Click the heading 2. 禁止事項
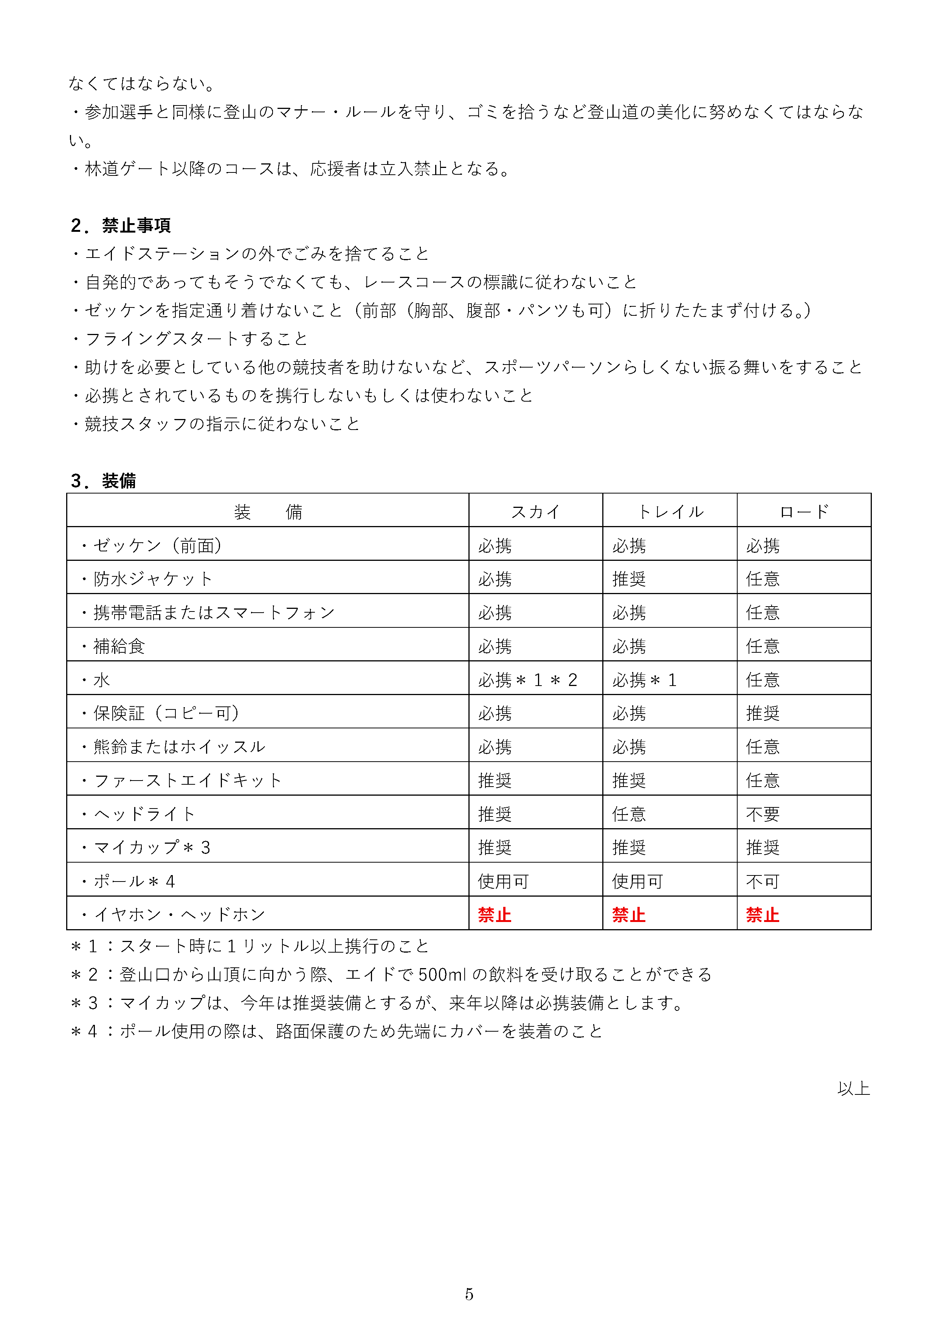pos(120,225)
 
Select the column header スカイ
pos(535,512)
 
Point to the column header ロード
pos(803,512)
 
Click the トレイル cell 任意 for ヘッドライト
pos(628,814)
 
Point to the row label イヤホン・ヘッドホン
pos(179,914)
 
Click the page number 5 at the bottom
pos(469,1294)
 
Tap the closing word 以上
pos(853,1088)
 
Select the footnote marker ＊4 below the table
pos(84,1031)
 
